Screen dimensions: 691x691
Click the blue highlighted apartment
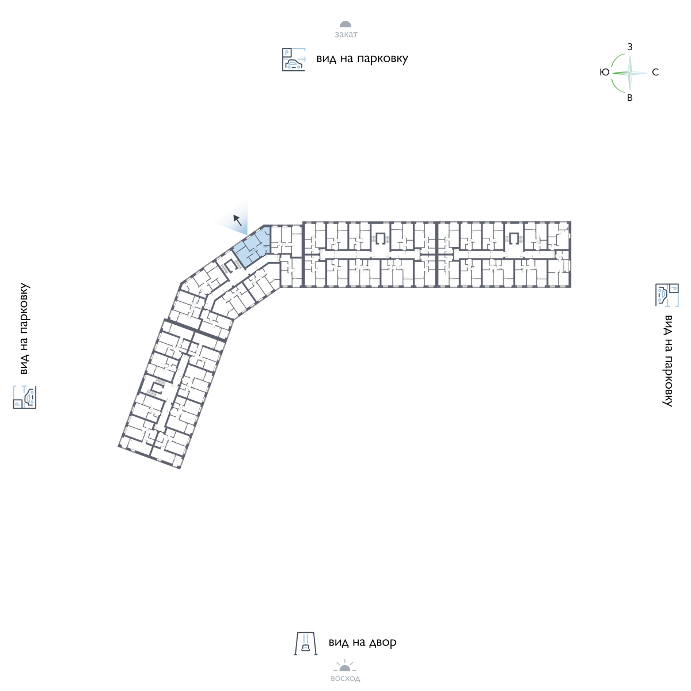[252, 248]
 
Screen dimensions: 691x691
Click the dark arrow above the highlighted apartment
[238, 220]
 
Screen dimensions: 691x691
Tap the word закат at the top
[346, 35]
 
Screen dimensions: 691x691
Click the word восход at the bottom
[345, 678]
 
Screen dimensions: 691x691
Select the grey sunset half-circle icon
[345, 24]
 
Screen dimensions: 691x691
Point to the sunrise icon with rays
[345, 666]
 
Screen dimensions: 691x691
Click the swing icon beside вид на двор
[306, 644]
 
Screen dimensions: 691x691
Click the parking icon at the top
[294, 59]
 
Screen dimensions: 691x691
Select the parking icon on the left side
[25, 397]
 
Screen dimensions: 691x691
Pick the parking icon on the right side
[667, 295]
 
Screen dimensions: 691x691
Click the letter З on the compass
[630, 47]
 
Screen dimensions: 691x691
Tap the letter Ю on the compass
[605, 73]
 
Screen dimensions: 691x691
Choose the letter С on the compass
[655, 73]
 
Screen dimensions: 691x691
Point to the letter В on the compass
[630, 97]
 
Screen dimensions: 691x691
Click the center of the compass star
[630, 73]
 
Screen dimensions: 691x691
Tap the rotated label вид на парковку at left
[24, 329]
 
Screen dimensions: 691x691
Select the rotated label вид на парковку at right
[668, 360]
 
